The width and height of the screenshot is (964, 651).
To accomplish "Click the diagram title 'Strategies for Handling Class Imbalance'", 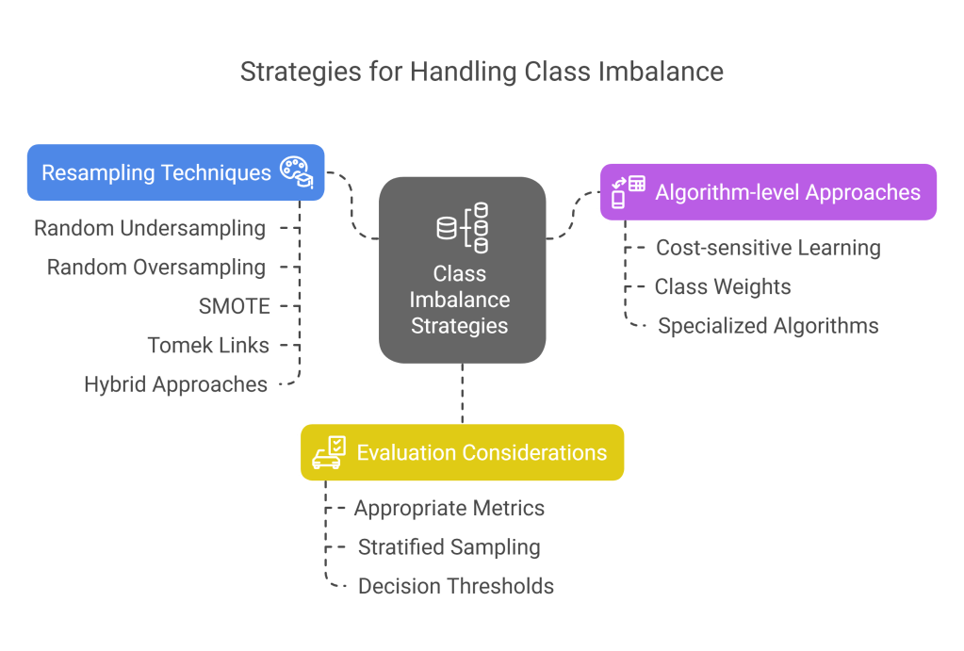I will [482, 72].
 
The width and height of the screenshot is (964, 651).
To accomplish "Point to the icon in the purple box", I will [629, 191].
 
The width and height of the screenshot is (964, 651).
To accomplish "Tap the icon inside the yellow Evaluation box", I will [330, 452].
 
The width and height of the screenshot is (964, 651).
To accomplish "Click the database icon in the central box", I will [462, 228].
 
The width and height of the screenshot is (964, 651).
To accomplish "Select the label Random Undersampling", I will [150, 228].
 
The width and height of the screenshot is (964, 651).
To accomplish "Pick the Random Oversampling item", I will [156, 268].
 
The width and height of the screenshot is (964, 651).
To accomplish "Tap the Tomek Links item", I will [208, 345].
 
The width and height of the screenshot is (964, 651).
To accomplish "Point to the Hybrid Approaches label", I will [176, 384].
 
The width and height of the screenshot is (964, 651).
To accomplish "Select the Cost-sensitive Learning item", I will [768, 248].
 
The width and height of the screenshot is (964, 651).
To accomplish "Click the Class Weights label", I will [723, 287].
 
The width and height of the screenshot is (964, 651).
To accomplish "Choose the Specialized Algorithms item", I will [768, 326].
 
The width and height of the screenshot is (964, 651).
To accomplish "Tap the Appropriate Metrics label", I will [449, 509].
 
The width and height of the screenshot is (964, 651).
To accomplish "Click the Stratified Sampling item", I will [449, 547].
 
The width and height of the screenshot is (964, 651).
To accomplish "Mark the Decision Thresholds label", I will [456, 586].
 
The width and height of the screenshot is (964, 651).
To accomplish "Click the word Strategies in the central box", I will [460, 327].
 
